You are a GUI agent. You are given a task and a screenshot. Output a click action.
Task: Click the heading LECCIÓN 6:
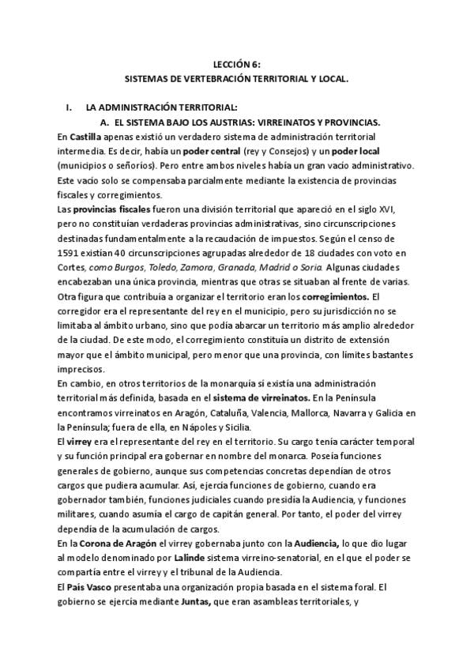coord(236,66)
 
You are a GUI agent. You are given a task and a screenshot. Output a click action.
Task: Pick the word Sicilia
coord(208,426)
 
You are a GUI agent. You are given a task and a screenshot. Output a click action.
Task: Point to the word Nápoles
coord(160,426)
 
